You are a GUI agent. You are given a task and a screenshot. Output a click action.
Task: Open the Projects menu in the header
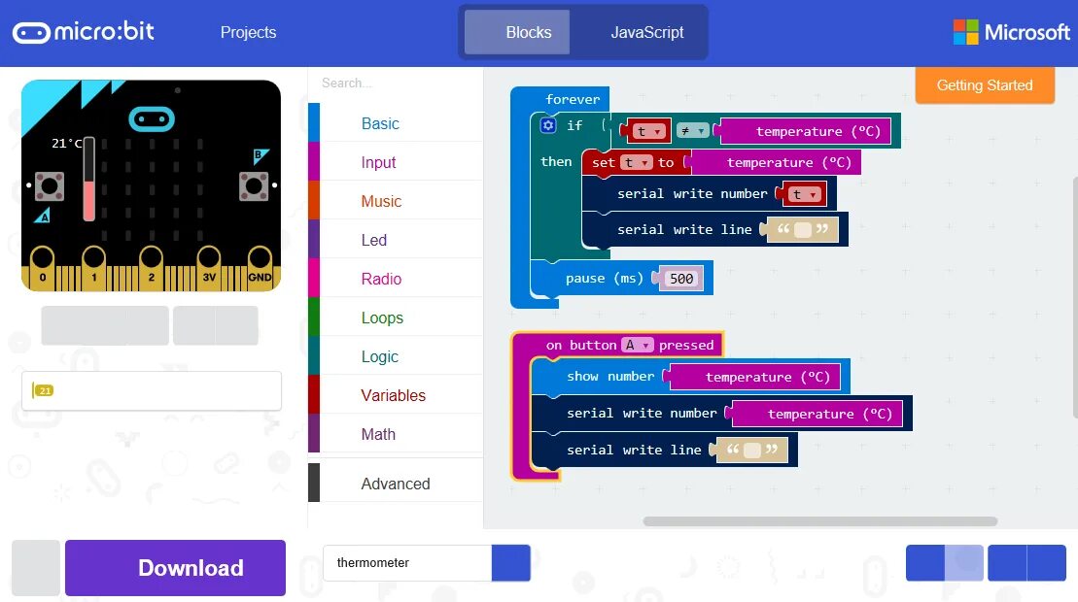click(248, 32)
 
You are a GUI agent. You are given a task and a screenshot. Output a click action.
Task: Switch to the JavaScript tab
click(646, 32)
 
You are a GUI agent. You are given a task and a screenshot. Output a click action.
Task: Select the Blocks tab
click(528, 32)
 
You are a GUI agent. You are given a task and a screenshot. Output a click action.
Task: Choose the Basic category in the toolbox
click(380, 123)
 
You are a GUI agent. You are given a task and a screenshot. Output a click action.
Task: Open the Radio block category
click(381, 279)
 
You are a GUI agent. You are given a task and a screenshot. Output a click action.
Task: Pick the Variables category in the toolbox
click(393, 395)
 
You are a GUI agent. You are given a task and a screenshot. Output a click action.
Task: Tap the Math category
click(378, 434)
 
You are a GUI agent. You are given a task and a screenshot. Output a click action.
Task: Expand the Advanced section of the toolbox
click(395, 484)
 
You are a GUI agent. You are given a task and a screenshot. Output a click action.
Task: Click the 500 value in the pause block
click(681, 279)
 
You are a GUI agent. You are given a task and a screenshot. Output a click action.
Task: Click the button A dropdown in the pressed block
click(637, 345)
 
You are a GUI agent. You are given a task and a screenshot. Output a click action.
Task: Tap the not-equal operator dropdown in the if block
click(692, 131)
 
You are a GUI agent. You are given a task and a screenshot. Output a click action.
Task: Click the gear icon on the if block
click(548, 125)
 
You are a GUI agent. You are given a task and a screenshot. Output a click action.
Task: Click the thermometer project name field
click(406, 563)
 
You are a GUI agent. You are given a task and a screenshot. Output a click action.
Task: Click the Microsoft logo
click(1011, 32)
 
